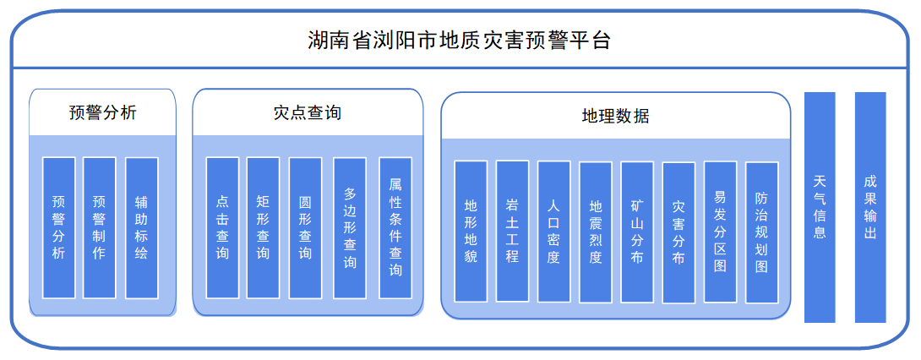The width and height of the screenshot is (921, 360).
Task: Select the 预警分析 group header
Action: coord(102,112)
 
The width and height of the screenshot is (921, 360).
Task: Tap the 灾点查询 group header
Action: coord(308,112)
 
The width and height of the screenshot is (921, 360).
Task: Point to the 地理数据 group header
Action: coord(615,116)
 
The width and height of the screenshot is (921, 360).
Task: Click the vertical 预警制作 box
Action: coord(100,227)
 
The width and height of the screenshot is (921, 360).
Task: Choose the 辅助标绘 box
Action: coord(141,227)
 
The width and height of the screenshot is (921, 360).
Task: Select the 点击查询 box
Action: coord(222,227)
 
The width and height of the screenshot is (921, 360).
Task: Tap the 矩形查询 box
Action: coord(263,227)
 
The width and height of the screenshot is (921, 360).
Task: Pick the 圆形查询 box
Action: coord(305,227)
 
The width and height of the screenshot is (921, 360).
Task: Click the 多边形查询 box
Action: coord(350,227)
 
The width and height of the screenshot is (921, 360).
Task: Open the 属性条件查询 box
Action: coord(395,227)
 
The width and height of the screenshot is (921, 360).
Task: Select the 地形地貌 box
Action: coord(471,231)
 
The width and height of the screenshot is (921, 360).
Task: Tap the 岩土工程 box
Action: coord(512,231)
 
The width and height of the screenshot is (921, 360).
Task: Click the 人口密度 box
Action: coord(553,231)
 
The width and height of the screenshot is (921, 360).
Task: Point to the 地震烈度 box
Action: coord(596,232)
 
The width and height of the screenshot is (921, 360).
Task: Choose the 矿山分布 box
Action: coord(637,232)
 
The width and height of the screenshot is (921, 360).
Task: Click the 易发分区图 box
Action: coord(720,232)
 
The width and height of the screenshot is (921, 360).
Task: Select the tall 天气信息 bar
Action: coord(820,207)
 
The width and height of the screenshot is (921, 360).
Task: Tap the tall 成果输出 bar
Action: coord(870,207)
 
